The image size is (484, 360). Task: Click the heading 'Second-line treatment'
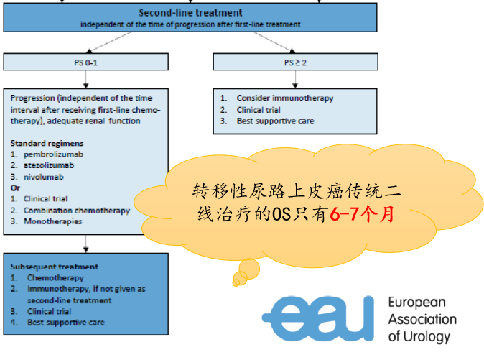pos(190,13)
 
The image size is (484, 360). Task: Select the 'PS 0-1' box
pos(85,62)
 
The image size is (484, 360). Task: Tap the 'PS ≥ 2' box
pos(295,62)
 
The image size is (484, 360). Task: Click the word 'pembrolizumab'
pos(53,154)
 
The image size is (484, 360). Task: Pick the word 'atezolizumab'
pos(49,165)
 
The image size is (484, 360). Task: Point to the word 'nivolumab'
pos(44,177)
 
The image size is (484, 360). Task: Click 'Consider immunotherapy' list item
pos(285,98)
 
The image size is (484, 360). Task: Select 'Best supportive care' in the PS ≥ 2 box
pos(275,121)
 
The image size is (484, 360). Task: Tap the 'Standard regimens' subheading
pos(47,143)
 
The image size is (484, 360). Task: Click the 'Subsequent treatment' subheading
pos(54,267)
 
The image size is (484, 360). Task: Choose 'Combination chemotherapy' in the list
pos(77,211)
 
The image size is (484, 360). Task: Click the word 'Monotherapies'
pos(53,222)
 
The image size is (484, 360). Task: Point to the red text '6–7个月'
pos(362,214)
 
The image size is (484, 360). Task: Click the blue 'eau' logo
pos(318,318)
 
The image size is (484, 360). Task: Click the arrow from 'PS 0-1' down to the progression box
pos(85,79)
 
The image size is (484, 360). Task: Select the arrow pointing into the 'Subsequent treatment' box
pos(85,244)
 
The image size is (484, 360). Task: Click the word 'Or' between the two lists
pos(15,188)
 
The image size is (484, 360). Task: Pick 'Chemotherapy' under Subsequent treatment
pos(55,278)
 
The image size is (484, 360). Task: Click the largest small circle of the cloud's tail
pos(249,269)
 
